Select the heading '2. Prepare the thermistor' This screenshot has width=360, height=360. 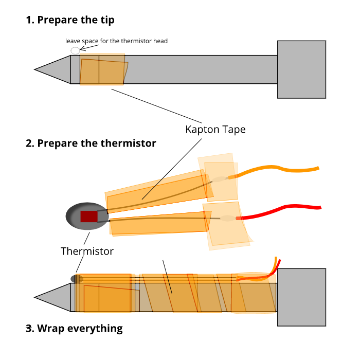(91, 143)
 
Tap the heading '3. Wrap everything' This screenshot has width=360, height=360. (74, 328)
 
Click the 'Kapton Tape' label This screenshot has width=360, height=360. (215, 130)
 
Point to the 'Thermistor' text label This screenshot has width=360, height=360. (87, 251)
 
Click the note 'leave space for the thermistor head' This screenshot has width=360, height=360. (116, 41)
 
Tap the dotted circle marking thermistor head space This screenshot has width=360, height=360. (75, 50)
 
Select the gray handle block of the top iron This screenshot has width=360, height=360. (301, 69)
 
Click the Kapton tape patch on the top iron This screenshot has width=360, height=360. (102, 70)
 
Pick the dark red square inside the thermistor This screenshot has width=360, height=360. (88, 216)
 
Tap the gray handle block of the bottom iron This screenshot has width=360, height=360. (301, 297)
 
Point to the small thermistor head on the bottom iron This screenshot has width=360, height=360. (77, 279)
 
